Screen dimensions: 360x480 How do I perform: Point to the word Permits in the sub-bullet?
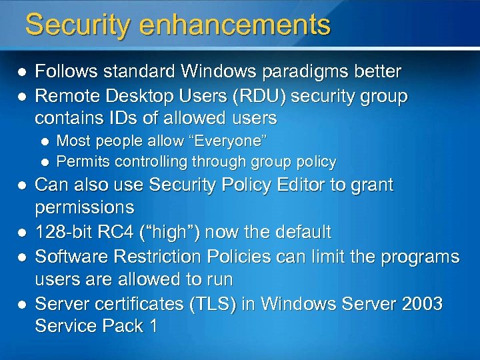tap(83, 161)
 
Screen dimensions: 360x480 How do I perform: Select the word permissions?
tap(84, 207)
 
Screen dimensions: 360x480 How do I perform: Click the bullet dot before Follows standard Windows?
tap(21, 71)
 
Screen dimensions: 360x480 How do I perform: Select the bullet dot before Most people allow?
tap(45, 141)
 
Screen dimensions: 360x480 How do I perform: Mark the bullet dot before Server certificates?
tap(21, 304)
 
